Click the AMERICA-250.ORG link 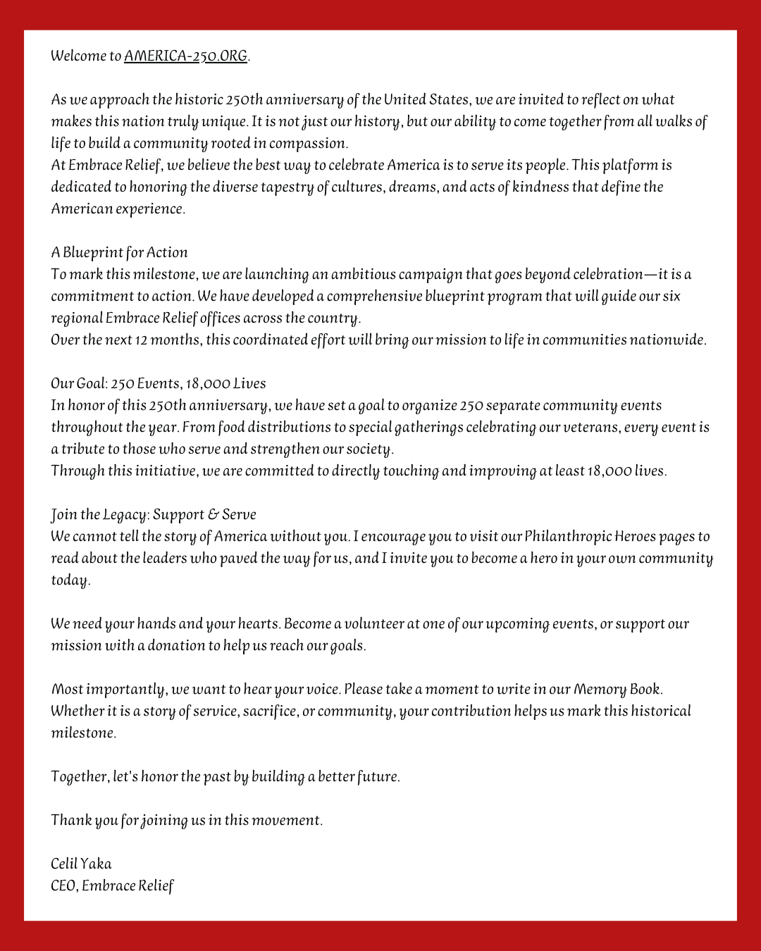[185, 56]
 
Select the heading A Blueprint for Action [119, 253]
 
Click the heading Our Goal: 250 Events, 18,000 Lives [158, 384]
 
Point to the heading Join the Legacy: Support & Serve [153, 515]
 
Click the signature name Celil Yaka [81, 864]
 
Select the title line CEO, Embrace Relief [112, 886]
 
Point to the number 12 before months [141, 340]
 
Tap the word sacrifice [270, 711]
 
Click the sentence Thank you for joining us [187, 821]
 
